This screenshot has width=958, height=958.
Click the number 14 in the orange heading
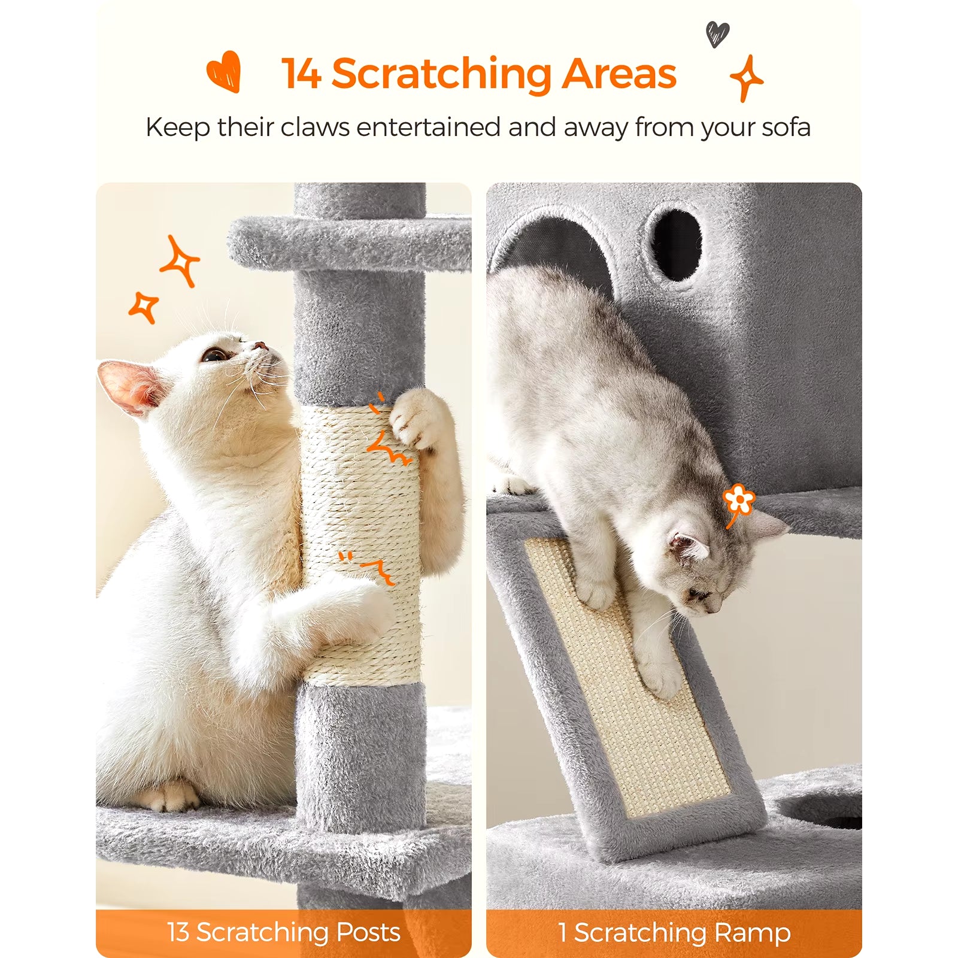pyautogui.click(x=301, y=74)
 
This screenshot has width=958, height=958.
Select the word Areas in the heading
pyautogui.click(x=619, y=74)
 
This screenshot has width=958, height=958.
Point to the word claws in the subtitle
pyautogui.click(x=315, y=127)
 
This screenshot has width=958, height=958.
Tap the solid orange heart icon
pyautogui.click(x=224, y=71)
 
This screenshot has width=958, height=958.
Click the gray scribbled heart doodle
pyautogui.click(x=717, y=34)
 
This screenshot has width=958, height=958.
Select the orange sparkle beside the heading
pyautogui.click(x=747, y=78)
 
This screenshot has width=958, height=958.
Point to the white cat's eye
pyautogui.click(x=213, y=355)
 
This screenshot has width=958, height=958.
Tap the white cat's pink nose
pyautogui.click(x=260, y=346)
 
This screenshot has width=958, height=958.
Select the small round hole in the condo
pyautogui.click(x=676, y=244)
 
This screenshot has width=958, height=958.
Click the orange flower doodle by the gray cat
pyautogui.click(x=739, y=499)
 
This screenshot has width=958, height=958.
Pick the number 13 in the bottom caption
pyautogui.click(x=178, y=932)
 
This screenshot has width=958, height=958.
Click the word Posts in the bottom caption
pyautogui.click(x=368, y=932)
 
